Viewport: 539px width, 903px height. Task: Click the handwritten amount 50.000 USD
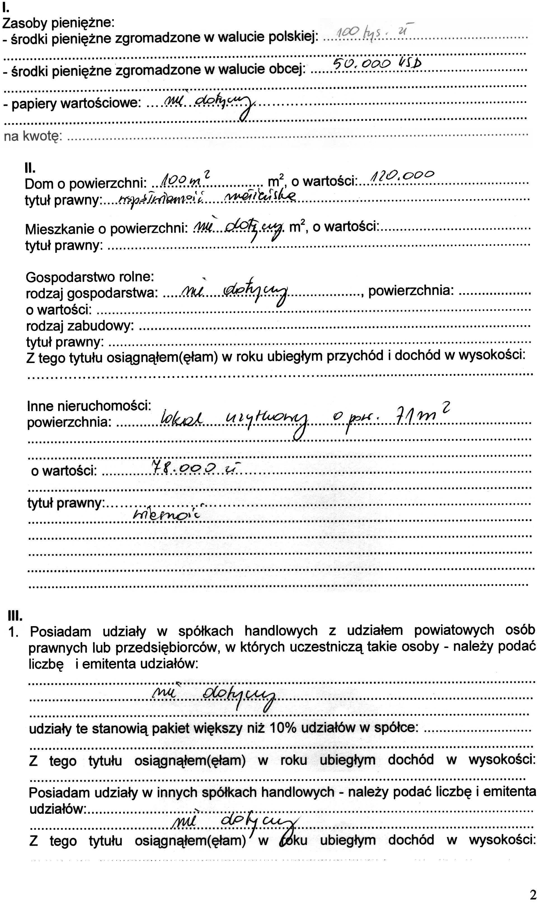pos(377,64)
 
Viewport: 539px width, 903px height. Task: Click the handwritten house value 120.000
pos(401,176)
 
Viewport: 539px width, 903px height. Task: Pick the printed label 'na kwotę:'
pos(33,136)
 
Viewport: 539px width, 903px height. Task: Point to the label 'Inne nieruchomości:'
pos(89,406)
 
